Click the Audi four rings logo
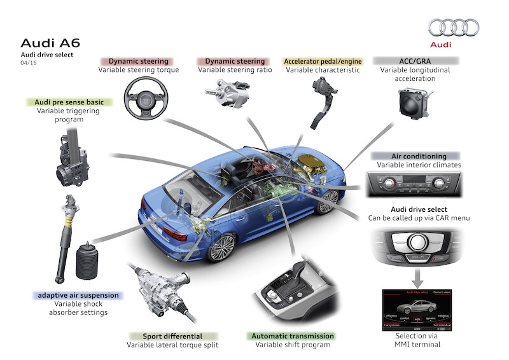pyautogui.click(x=454, y=27)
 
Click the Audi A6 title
pyautogui.click(x=51, y=43)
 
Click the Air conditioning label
pyautogui.click(x=419, y=156)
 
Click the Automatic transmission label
pyautogui.click(x=292, y=336)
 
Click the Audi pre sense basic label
pyautogui.click(x=70, y=101)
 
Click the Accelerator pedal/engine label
pyautogui.click(x=323, y=61)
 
